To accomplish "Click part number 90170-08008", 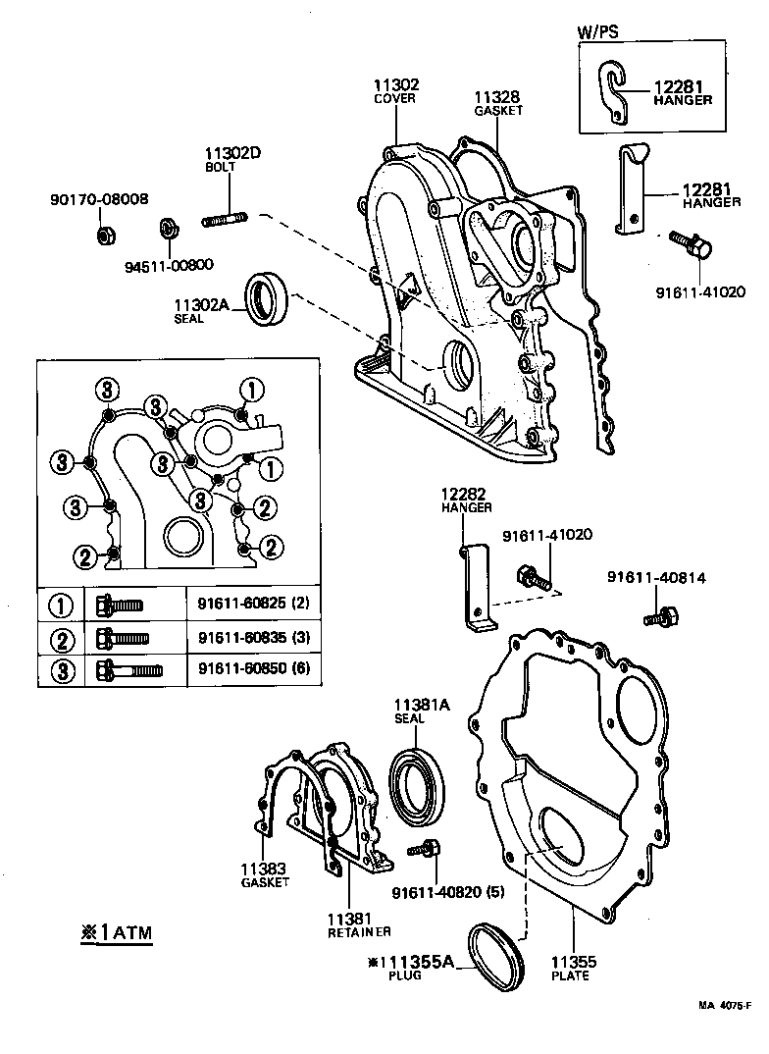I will click(x=99, y=199).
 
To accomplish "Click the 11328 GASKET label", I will click(x=497, y=103).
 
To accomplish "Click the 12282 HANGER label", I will click(x=465, y=501).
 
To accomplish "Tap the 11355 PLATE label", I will click(x=572, y=969).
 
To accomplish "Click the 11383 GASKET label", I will click(x=265, y=874).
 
